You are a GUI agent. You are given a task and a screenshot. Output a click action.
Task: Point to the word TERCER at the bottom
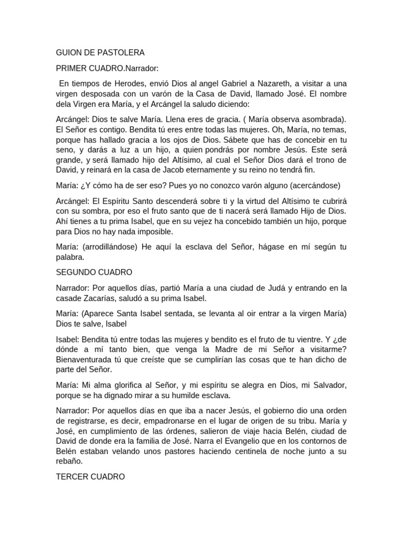(x=70, y=477)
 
